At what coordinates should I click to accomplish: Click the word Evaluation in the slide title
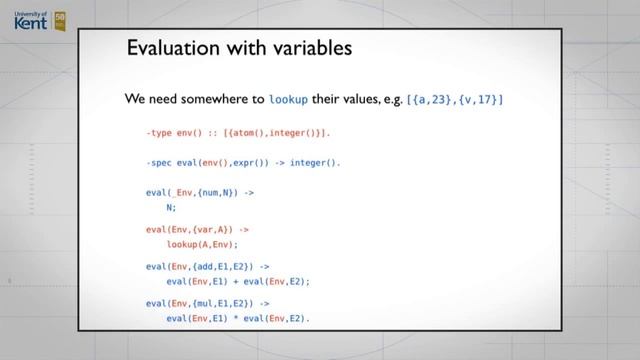(174, 48)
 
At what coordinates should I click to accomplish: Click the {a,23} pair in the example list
(435, 100)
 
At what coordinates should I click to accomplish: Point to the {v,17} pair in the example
(481, 100)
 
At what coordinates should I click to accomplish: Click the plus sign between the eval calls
(236, 281)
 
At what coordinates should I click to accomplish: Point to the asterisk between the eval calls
(236, 317)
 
